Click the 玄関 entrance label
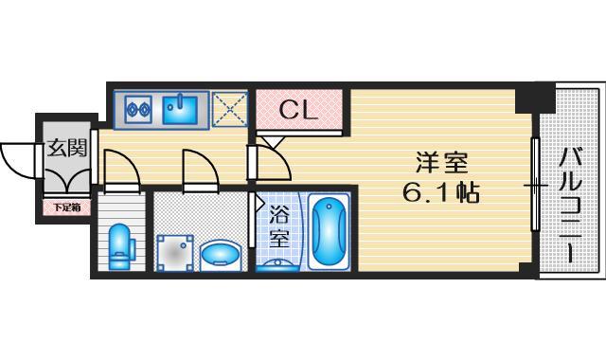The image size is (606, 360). coord(65,148)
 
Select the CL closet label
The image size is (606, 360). coord(299,110)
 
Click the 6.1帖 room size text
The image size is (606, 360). coord(440,194)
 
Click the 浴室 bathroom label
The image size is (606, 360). coord(278,227)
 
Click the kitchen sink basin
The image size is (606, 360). coord(180,110)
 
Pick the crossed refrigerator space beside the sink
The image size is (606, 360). coord(228,109)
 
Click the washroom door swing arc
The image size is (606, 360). coord(202,171)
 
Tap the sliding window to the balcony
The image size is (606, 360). coord(536,185)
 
